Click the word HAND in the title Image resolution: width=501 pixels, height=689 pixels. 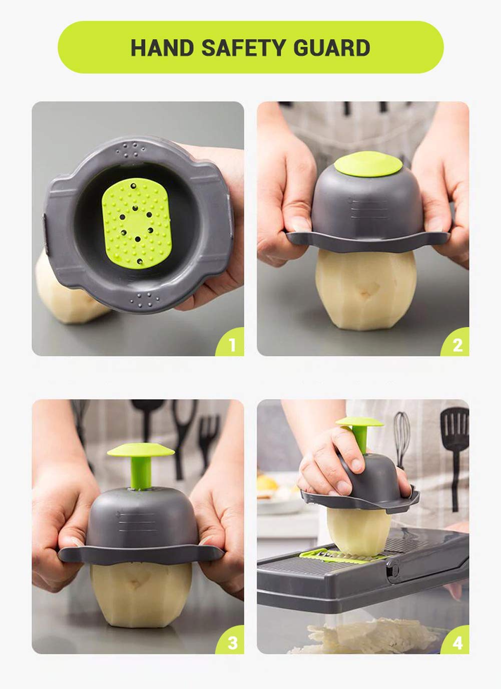point(162,48)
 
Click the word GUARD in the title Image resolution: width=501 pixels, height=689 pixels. point(331,48)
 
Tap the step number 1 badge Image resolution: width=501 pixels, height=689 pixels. point(231,344)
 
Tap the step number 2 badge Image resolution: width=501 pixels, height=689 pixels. point(457,344)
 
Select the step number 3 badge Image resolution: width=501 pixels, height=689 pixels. point(232,642)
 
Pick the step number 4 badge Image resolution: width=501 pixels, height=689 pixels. point(457,642)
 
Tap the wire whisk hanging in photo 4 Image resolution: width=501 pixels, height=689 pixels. point(401,433)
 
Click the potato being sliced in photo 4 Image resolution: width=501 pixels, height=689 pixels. point(359,530)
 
